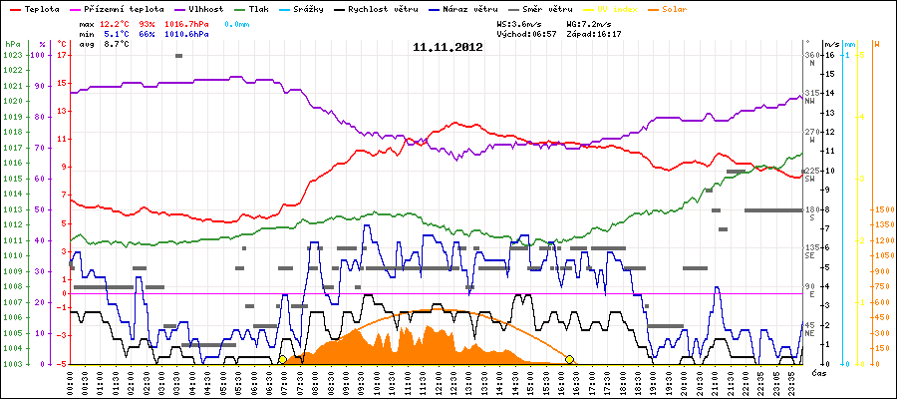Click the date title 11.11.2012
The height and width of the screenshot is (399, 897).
pyautogui.click(x=448, y=46)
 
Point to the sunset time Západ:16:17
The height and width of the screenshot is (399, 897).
pyautogui.click(x=595, y=34)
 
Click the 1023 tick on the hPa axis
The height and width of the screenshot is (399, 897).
pyautogui.click(x=12, y=55)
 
